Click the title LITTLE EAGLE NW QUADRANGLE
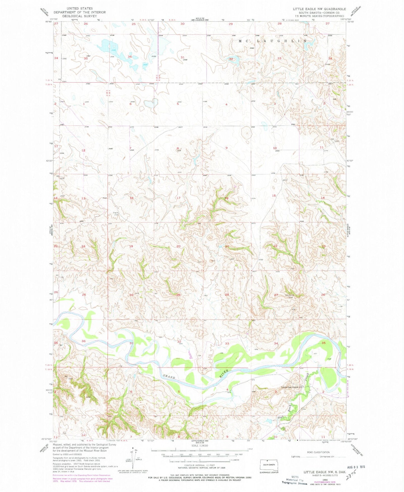click(319, 9)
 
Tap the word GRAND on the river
click(169, 377)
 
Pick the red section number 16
click(226, 198)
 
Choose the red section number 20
click(178, 246)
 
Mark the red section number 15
click(274, 196)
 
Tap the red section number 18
click(131, 198)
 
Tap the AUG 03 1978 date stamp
click(355, 467)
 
